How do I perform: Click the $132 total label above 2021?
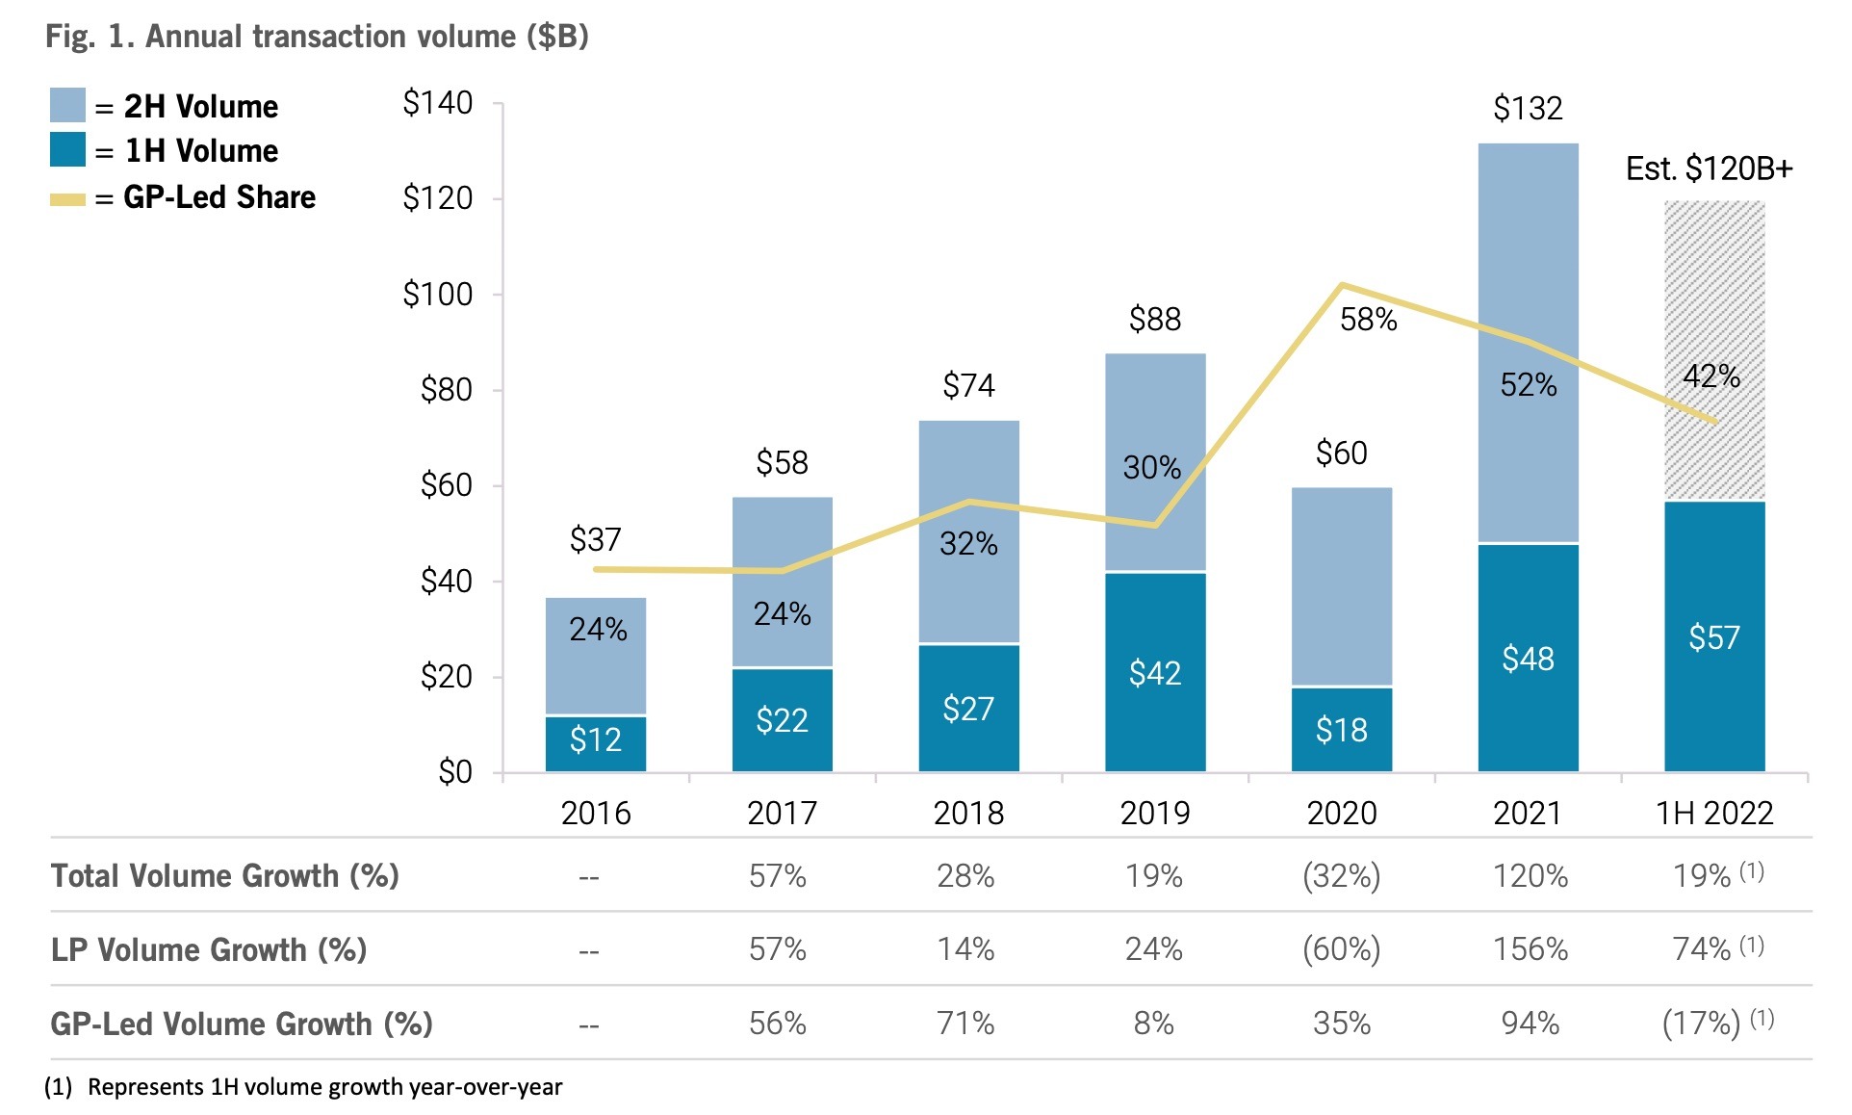(1528, 108)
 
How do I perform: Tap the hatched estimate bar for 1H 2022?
(1714, 289)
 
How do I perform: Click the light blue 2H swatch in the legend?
(67, 105)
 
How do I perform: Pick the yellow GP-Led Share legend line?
(67, 199)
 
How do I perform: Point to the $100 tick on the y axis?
(438, 294)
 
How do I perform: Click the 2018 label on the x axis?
(968, 814)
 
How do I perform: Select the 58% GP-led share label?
(1368, 320)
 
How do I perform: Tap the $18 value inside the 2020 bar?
(1341, 730)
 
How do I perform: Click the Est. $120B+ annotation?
(1709, 169)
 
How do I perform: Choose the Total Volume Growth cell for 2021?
(1530, 876)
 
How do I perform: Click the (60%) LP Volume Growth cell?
(1341, 949)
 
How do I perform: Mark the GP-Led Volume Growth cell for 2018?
(965, 1023)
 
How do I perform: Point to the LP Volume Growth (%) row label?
(209, 949)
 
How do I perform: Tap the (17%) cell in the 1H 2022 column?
(1701, 1023)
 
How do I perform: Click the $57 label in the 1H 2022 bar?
(1714, 637)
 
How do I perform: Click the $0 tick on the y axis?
(454, 772)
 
